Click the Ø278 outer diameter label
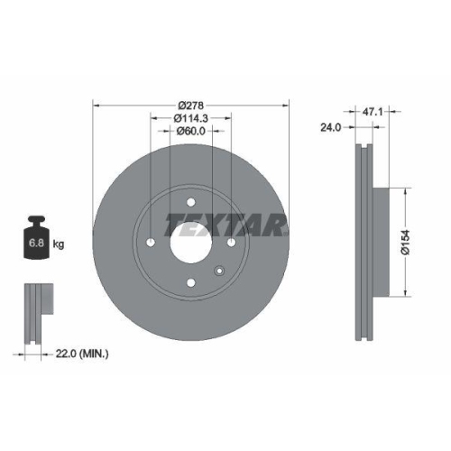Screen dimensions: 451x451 [x=190, y=104]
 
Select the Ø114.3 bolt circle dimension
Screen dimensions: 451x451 [x=190, y=117]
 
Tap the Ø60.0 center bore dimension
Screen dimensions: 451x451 [x=190, y=131]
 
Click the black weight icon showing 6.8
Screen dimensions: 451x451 [x=37, y=239]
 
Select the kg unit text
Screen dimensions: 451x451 [x=60, y=244]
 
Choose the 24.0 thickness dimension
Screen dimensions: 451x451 [x=330, y=128]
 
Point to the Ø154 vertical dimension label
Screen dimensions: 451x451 [x=407, y=242]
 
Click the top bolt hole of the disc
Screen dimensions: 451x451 [x=191, y=203]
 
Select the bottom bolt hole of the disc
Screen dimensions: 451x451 [x=191, y=284]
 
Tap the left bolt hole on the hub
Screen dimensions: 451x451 [x=151, y=244]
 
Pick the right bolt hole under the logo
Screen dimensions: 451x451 [x=231, y=243]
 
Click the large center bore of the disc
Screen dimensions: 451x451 [x=191, y=244]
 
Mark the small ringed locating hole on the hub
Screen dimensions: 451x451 [x=217, y=270]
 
